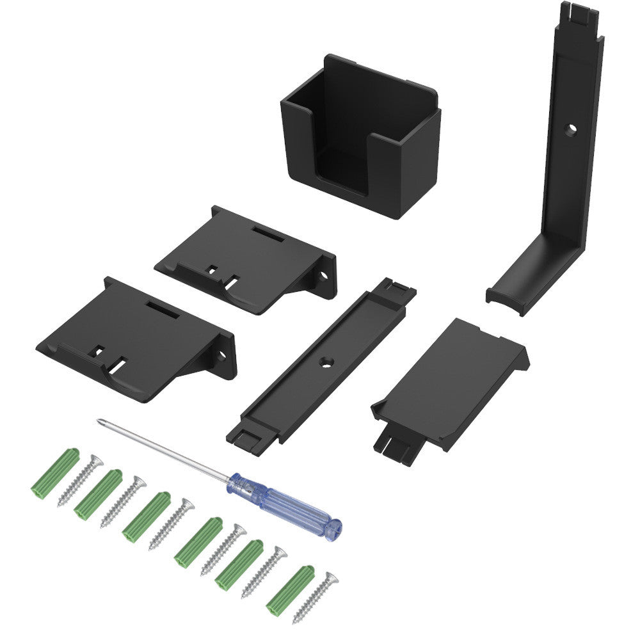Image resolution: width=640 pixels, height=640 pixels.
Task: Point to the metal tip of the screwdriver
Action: [x=100, y=422]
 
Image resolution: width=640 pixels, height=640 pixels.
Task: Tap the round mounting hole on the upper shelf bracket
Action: [x=323, y=276]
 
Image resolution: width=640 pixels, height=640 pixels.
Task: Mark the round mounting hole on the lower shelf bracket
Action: [x=222, y=354]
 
